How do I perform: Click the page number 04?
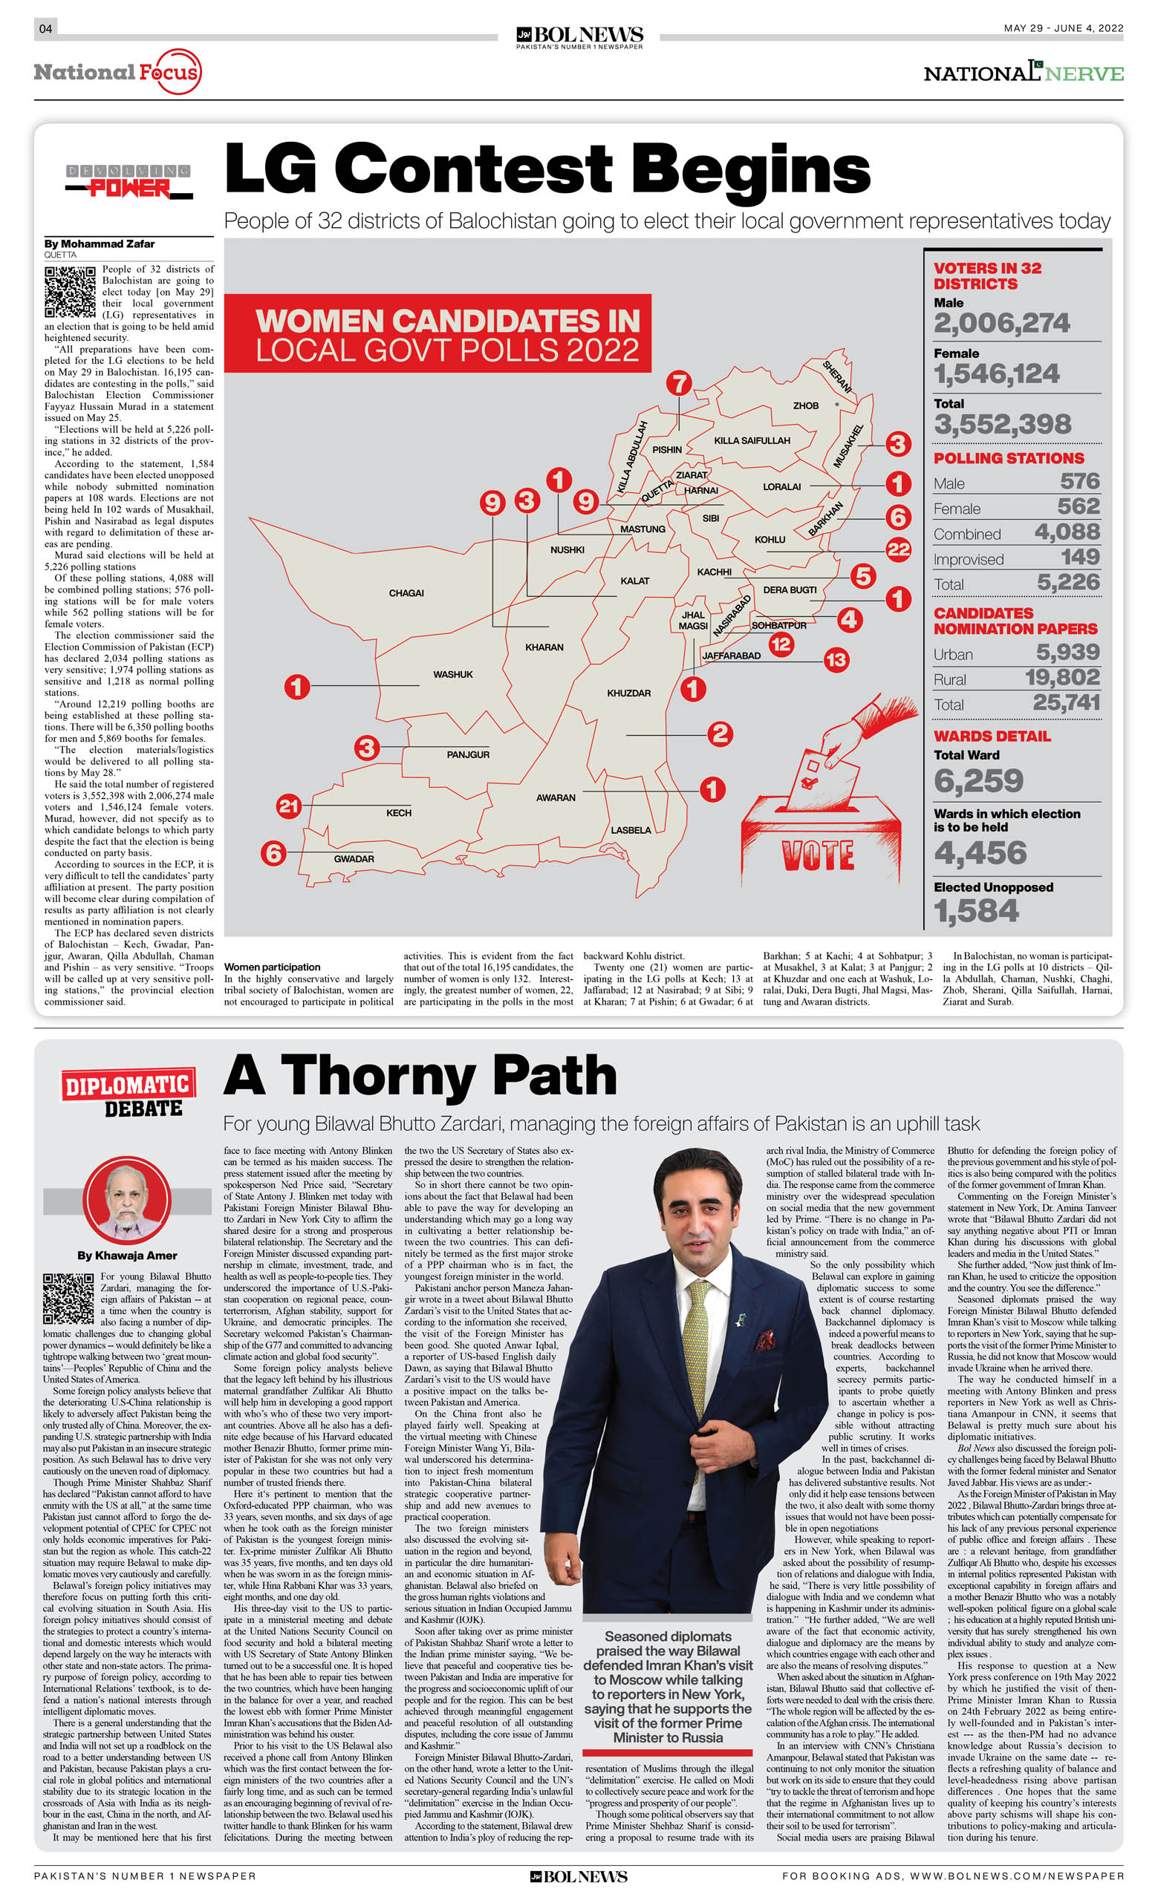click(x=45, y=28)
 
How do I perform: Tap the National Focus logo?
click(x=117, y=73)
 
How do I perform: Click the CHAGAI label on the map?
click(x=406, y=593)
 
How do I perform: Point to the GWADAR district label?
click(x=354, y=859)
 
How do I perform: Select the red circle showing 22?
click(x=898, y=549)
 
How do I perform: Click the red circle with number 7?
click(x=679, y=383)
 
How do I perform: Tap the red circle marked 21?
click(x=288, y=806)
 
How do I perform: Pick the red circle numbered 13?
click(x=836, y=659)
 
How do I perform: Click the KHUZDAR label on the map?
click(x=628, y=693)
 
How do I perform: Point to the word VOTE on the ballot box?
click(x=818, y=855)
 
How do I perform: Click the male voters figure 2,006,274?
click(x=1001, y=323)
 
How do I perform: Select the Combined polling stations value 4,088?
click(x=1067, y=532)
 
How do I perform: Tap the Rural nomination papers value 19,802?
click(x=1062, y=678)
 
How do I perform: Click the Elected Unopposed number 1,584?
click(x=976, y=912)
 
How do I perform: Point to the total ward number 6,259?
click(x=978, y=781)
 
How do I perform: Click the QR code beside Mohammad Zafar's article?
click(x=71, y=292)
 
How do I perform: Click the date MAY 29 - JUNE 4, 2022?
click(x=1063, y=28)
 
